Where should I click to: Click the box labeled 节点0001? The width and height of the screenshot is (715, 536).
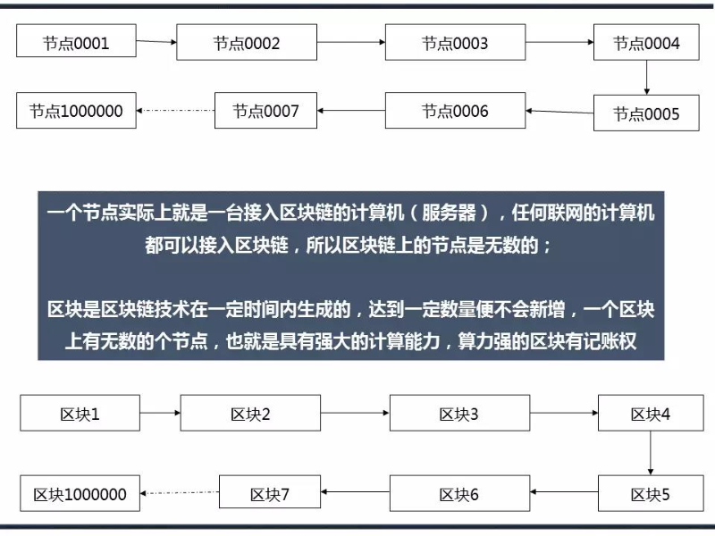[x=76, y=40]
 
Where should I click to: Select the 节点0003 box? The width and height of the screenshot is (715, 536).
[x=455, y=42]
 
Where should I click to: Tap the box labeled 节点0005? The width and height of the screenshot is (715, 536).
[x=646, y=113]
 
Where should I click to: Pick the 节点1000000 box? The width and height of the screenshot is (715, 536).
[x=76, y=110]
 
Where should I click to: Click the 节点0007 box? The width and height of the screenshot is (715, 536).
[x=265, y=110]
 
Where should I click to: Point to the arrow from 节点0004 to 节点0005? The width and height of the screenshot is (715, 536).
[x=646, y=78]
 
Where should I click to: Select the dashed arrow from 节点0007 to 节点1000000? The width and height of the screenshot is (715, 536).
[x=175, y=110]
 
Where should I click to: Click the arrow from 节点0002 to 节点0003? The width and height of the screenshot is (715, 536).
[x=351, y=42]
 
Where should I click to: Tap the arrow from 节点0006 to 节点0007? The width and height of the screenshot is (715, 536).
[x=351, y=110]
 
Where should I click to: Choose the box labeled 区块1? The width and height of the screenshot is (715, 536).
[x=80, y=413]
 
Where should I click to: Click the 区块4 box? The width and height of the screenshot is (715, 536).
[x=651, y=413]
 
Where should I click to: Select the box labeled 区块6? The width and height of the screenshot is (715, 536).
[x=459, y=493]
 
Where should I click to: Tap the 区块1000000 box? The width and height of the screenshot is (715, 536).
[x=80, y=493]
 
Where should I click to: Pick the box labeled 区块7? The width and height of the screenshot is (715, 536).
[x=270, y=492]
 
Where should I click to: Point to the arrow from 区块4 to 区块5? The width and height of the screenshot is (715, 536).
[x=651, y=453]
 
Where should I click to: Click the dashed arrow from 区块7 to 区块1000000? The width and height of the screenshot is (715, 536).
[x=180, y=493]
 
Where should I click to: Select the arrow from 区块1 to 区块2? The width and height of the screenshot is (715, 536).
[x=160, y=413]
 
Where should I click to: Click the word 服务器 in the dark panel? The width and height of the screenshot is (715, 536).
[x=449, y=213]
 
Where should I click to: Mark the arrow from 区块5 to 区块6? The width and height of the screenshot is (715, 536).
[x=564, y=492]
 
